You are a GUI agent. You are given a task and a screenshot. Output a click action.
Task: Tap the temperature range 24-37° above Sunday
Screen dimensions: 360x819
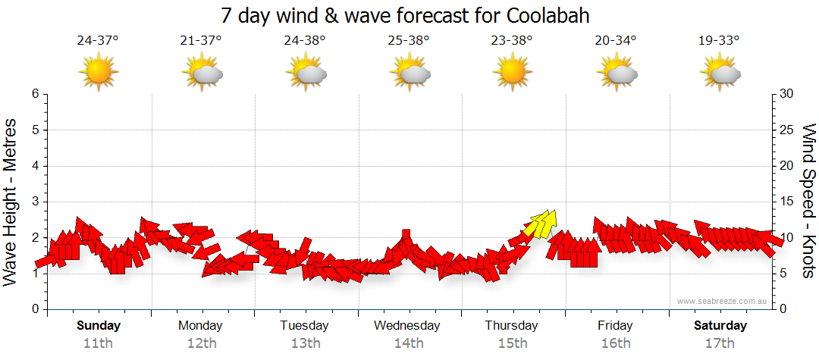[98, 41]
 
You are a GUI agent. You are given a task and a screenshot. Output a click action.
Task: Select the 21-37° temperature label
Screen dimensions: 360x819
[201, 41]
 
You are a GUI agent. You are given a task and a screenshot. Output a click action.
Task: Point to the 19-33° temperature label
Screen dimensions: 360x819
[719, 41]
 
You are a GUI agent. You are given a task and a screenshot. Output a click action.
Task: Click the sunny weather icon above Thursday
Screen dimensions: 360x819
[512, 72]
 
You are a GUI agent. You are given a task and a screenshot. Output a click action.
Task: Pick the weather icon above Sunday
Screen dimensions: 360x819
[98, 72]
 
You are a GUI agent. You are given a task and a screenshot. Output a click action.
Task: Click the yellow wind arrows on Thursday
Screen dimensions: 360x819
[541, 223]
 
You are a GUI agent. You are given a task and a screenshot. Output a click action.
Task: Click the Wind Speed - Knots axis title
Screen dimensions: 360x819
[808, 201]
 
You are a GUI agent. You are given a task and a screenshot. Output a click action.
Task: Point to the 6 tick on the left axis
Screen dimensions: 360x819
[34, 94]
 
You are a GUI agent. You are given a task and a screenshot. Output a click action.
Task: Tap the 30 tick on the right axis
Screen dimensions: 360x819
[787, 94]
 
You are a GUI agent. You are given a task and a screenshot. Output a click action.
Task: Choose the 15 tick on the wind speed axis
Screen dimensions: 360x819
[787, 202]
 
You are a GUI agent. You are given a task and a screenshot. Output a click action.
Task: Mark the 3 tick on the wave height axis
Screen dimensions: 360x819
[34, 202]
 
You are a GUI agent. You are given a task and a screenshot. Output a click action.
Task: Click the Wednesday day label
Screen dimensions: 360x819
[407, 326]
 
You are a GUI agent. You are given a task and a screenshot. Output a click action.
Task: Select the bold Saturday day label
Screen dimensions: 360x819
[720, 326]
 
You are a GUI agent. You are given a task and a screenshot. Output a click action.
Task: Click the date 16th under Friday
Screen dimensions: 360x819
[615, 343]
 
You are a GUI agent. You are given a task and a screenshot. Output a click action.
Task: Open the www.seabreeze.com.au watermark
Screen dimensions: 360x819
[723, 302]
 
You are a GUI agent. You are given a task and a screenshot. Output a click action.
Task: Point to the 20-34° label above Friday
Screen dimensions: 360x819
[615, 41]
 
